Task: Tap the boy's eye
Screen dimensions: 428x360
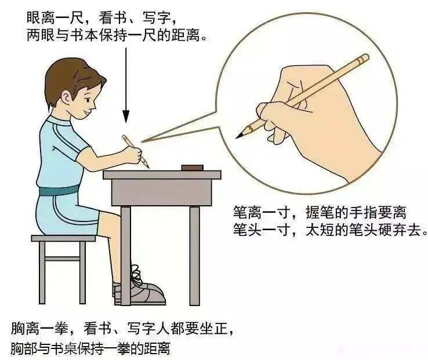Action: [88, 100]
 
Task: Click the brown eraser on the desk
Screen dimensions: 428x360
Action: [193, 168]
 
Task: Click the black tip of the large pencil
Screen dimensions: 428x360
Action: [240, 135]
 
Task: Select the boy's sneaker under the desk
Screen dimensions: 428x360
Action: [142, 289]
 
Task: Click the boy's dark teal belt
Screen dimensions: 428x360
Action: [59, 190]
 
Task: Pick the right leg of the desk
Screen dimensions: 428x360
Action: [194, 256]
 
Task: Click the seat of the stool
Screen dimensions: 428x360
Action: [63, 238]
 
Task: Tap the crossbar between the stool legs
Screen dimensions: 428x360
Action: [63, 258]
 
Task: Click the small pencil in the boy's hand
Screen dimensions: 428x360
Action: [136, 151]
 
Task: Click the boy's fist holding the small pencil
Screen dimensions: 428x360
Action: [133, 155]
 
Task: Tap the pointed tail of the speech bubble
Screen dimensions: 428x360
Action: [142, 141]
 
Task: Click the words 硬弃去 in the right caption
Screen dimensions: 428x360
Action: [399, 230]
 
